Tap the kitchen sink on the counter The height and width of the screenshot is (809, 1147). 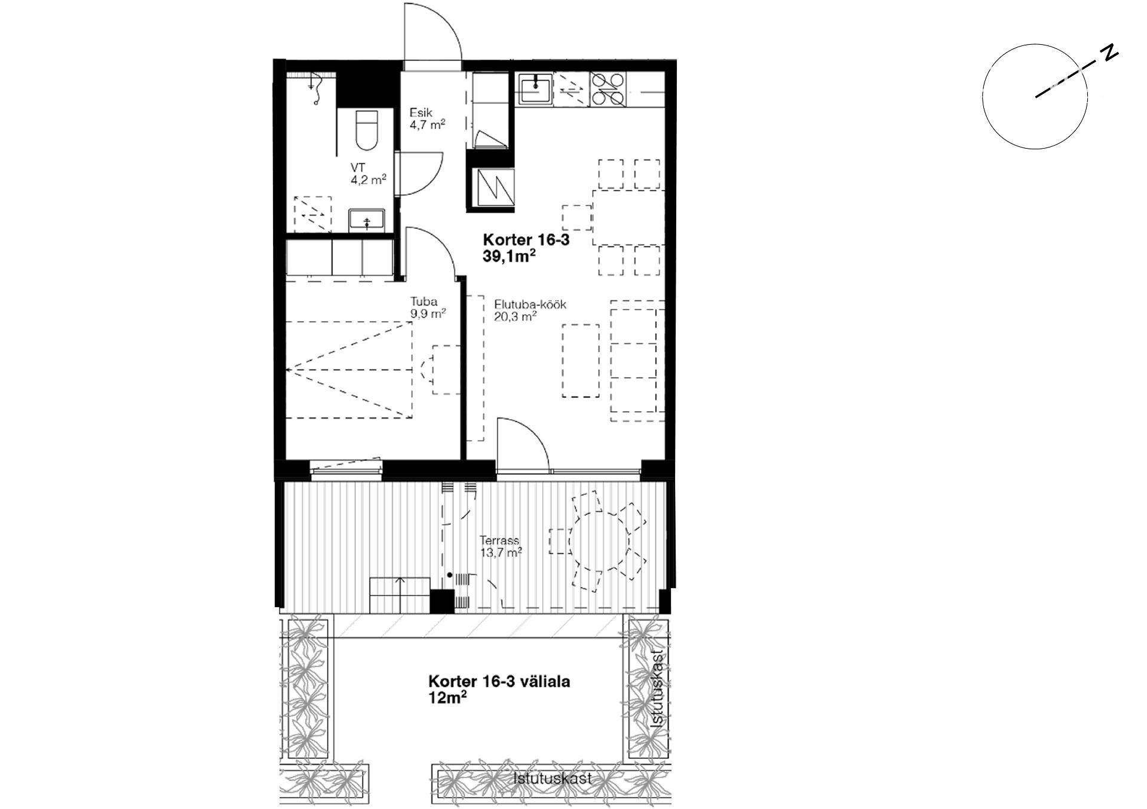(535, 88)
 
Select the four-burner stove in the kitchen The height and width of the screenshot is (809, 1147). (608, 89)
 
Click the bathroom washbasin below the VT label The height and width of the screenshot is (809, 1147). (366, 220)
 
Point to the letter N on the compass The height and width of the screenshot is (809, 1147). (1110, 53)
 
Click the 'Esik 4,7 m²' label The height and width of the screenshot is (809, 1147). (427, 118)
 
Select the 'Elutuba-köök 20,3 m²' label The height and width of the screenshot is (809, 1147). (530, 310)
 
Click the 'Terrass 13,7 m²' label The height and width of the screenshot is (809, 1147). (501, 546)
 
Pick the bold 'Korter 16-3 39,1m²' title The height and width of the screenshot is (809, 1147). (526, 248)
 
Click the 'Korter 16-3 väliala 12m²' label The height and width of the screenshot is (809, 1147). (499, 689)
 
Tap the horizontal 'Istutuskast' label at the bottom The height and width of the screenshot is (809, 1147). (553, 779)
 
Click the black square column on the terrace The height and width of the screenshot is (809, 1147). (442, 601)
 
